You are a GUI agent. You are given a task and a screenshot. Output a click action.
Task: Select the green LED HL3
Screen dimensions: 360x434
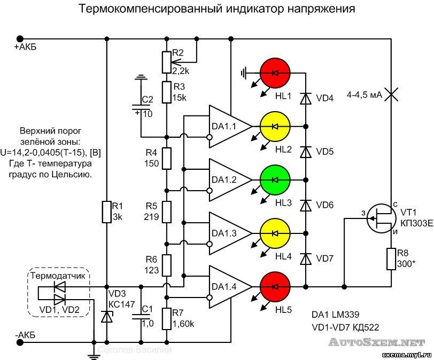coord(275,179)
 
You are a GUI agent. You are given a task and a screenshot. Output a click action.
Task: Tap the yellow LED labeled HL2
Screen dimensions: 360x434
coord(275,126)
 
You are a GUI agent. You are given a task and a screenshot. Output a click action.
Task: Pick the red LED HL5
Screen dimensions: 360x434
coord(275,286)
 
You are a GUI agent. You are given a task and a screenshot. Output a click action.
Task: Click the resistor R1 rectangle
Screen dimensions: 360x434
coord(106,212)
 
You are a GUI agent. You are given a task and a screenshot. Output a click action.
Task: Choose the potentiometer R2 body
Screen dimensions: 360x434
coord(167,61)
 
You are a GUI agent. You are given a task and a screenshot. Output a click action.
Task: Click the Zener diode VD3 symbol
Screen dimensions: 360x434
coord(106,316)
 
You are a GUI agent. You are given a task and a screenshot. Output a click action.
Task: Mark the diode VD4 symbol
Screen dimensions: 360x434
coord(306,98)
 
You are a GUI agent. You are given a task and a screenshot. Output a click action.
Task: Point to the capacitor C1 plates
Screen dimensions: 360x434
coord(141,316)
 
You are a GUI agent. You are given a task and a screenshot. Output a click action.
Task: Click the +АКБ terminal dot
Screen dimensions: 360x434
coord(20,38)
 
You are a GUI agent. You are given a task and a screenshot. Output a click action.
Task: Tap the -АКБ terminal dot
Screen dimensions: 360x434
coord(20,342)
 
